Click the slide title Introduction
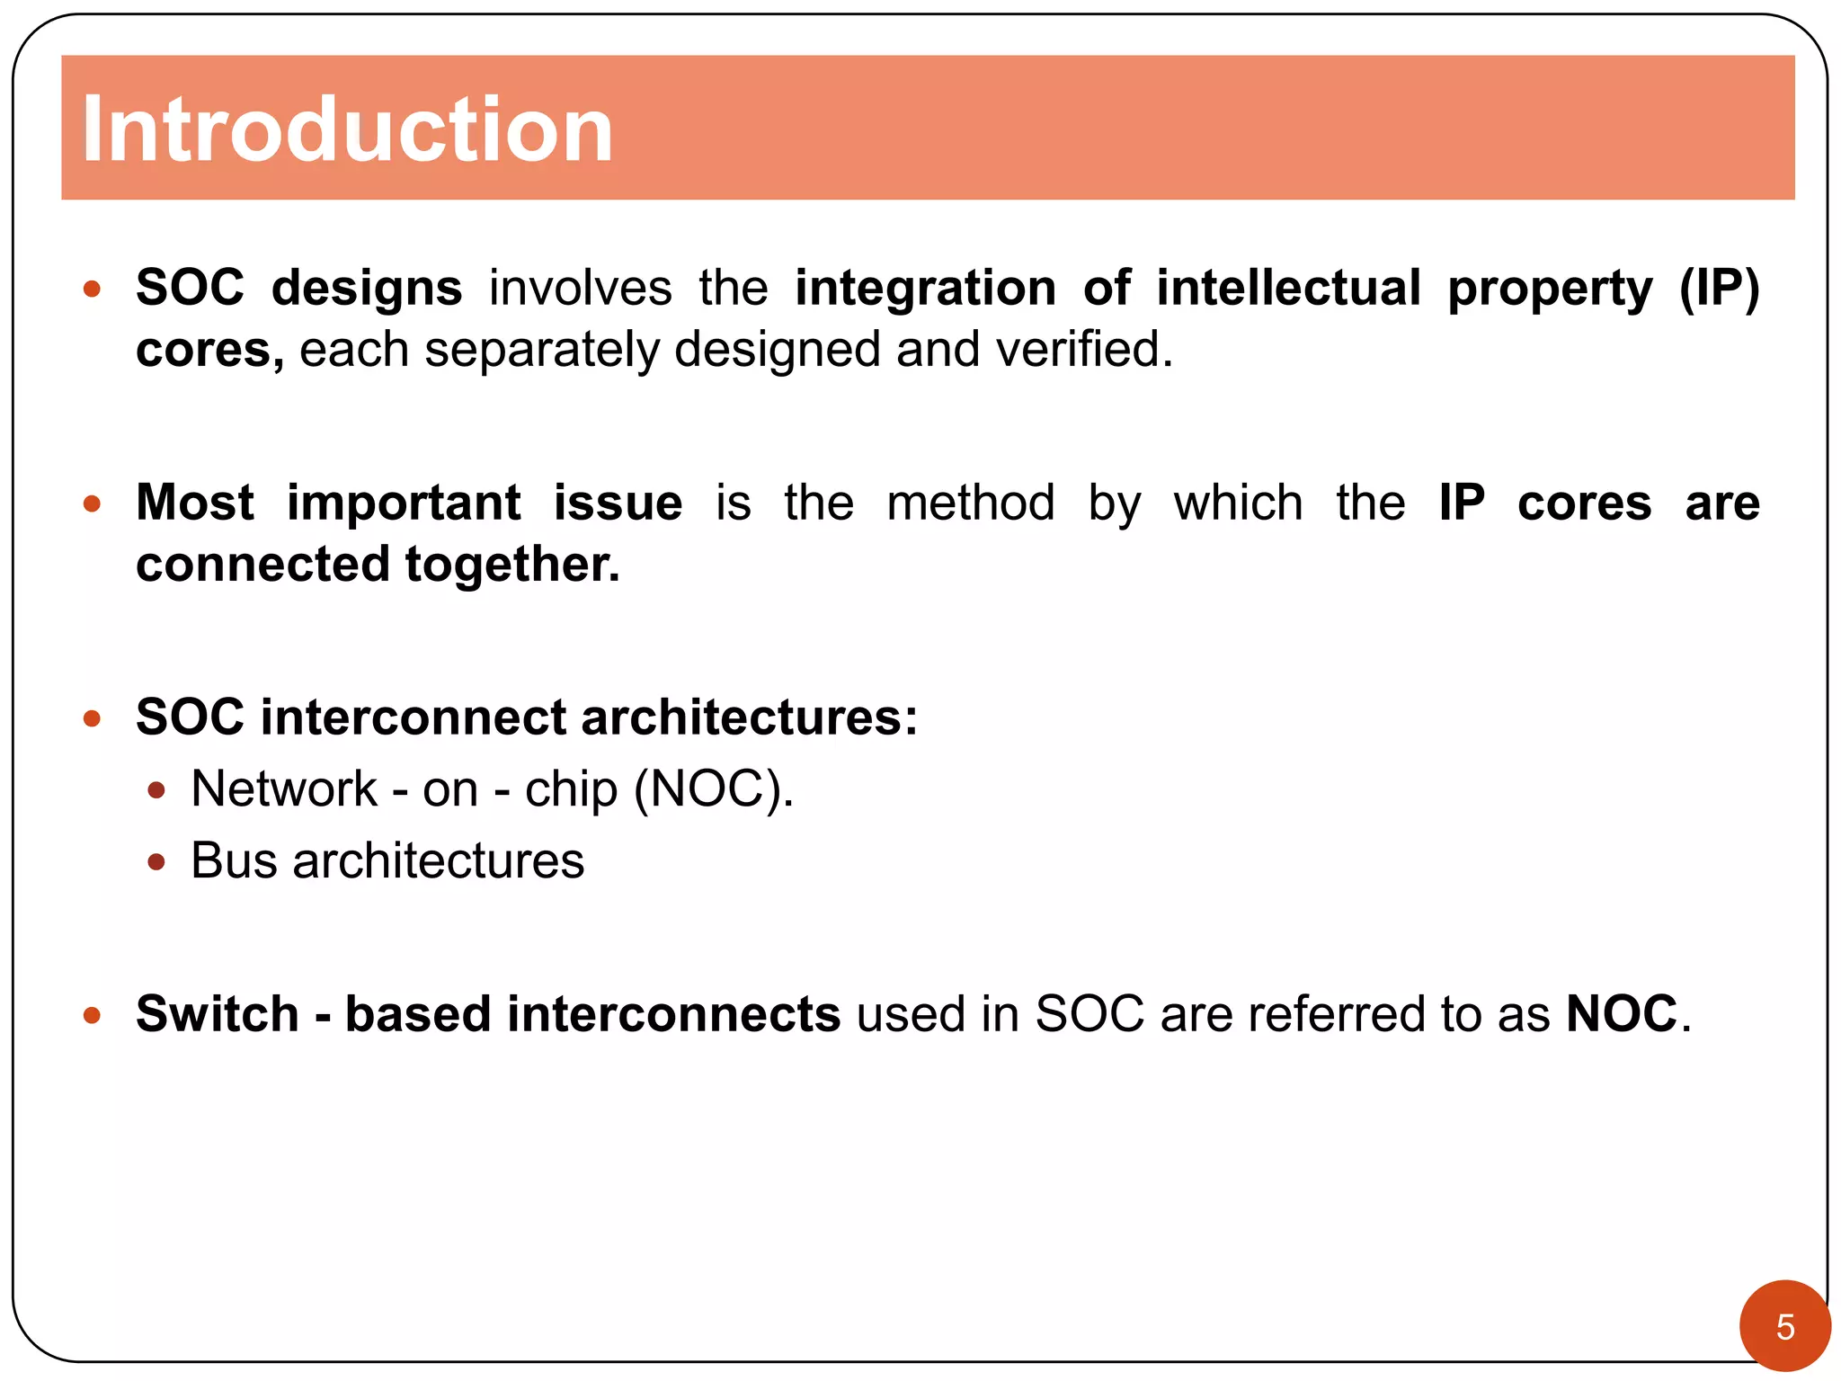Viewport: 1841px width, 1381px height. click(x=347, y=129)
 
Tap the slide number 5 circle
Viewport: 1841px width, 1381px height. click(x=1784, y=1326)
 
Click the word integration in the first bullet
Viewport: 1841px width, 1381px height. click(x=925, y=289)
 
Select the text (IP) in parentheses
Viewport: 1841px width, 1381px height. click(x=1719, y=289)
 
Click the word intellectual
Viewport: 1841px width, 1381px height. click(x=1288, y=289)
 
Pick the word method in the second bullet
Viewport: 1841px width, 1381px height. click(x=970, y=503)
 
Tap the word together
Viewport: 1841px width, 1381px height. click(x=512, y=565)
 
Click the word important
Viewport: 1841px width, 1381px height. click(x=404, y=503)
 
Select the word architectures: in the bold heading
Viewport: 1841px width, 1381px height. click(x=749, y=717)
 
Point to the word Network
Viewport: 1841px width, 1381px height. click(x=284, y=789)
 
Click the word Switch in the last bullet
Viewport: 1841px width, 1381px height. click(x=218, y=1014)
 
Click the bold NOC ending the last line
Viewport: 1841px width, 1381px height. click(x=1621, y=1014)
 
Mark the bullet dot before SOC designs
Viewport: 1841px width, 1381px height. click(x=92, y=290)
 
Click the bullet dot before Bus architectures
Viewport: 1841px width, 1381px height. click(x=156, y=862)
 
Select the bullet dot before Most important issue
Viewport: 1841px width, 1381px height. click(x=92, y=503)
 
